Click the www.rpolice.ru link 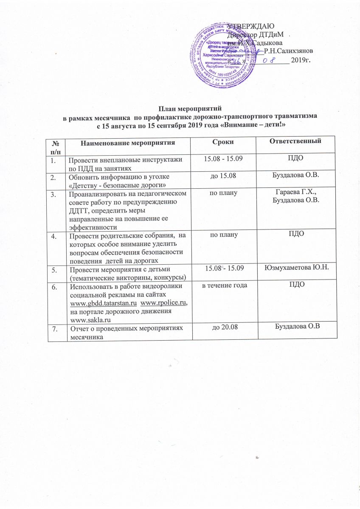click(163, 303)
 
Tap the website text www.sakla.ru click(90, 318)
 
